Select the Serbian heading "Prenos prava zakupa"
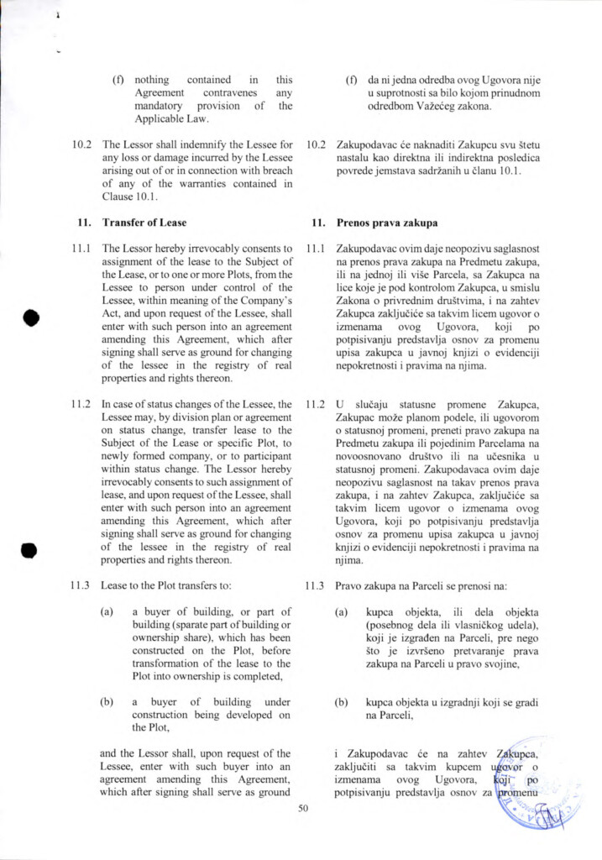(x=386, y=223)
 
